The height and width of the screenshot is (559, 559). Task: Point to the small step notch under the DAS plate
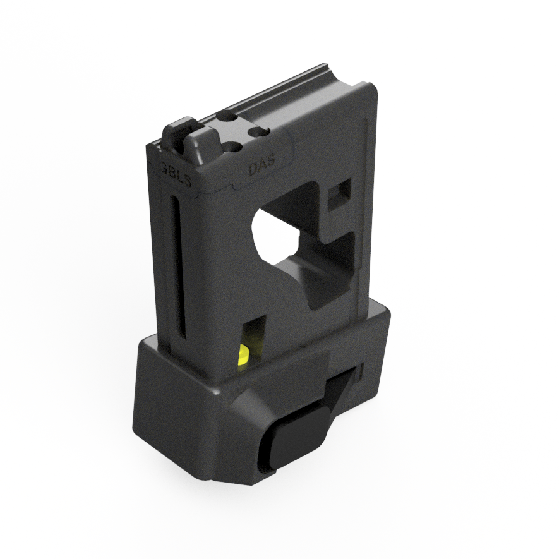[234, 188]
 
